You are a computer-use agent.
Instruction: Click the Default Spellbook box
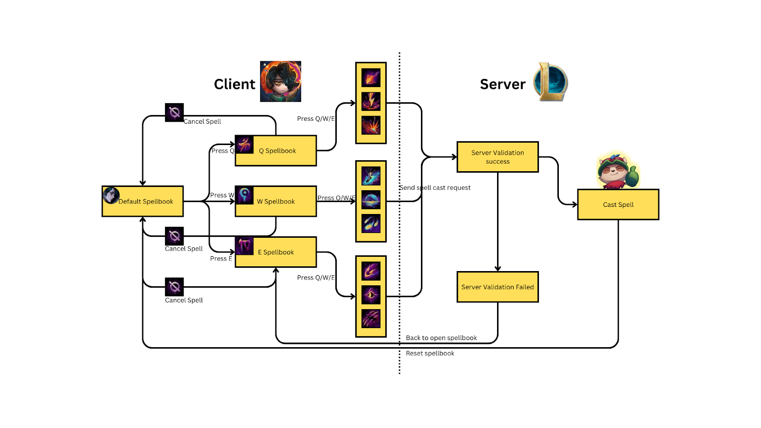tap(143, 202)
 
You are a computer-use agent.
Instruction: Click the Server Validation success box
tap(498, 157)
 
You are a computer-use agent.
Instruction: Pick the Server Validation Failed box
tap(498, 287)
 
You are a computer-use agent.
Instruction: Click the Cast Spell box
tap(618, 205)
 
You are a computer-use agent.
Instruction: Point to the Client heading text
tap(234, 84)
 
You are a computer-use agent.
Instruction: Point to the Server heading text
tap(503, 84)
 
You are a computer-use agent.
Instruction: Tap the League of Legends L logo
tap(551, 82)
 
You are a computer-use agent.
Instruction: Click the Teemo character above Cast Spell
tap(618, 171)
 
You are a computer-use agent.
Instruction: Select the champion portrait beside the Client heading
tap(281, 81)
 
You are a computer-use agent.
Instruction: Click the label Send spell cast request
tap(435, 188)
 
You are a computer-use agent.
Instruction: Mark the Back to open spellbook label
tap(441, 338)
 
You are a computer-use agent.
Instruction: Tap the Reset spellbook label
tap(430, 353)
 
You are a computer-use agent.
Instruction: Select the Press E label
tap(221, 259)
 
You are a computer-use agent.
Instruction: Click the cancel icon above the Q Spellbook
tap(174, 113)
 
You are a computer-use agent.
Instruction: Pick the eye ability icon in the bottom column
tap(371, 295)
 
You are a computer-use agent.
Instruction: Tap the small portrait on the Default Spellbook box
tap(111, 195)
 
